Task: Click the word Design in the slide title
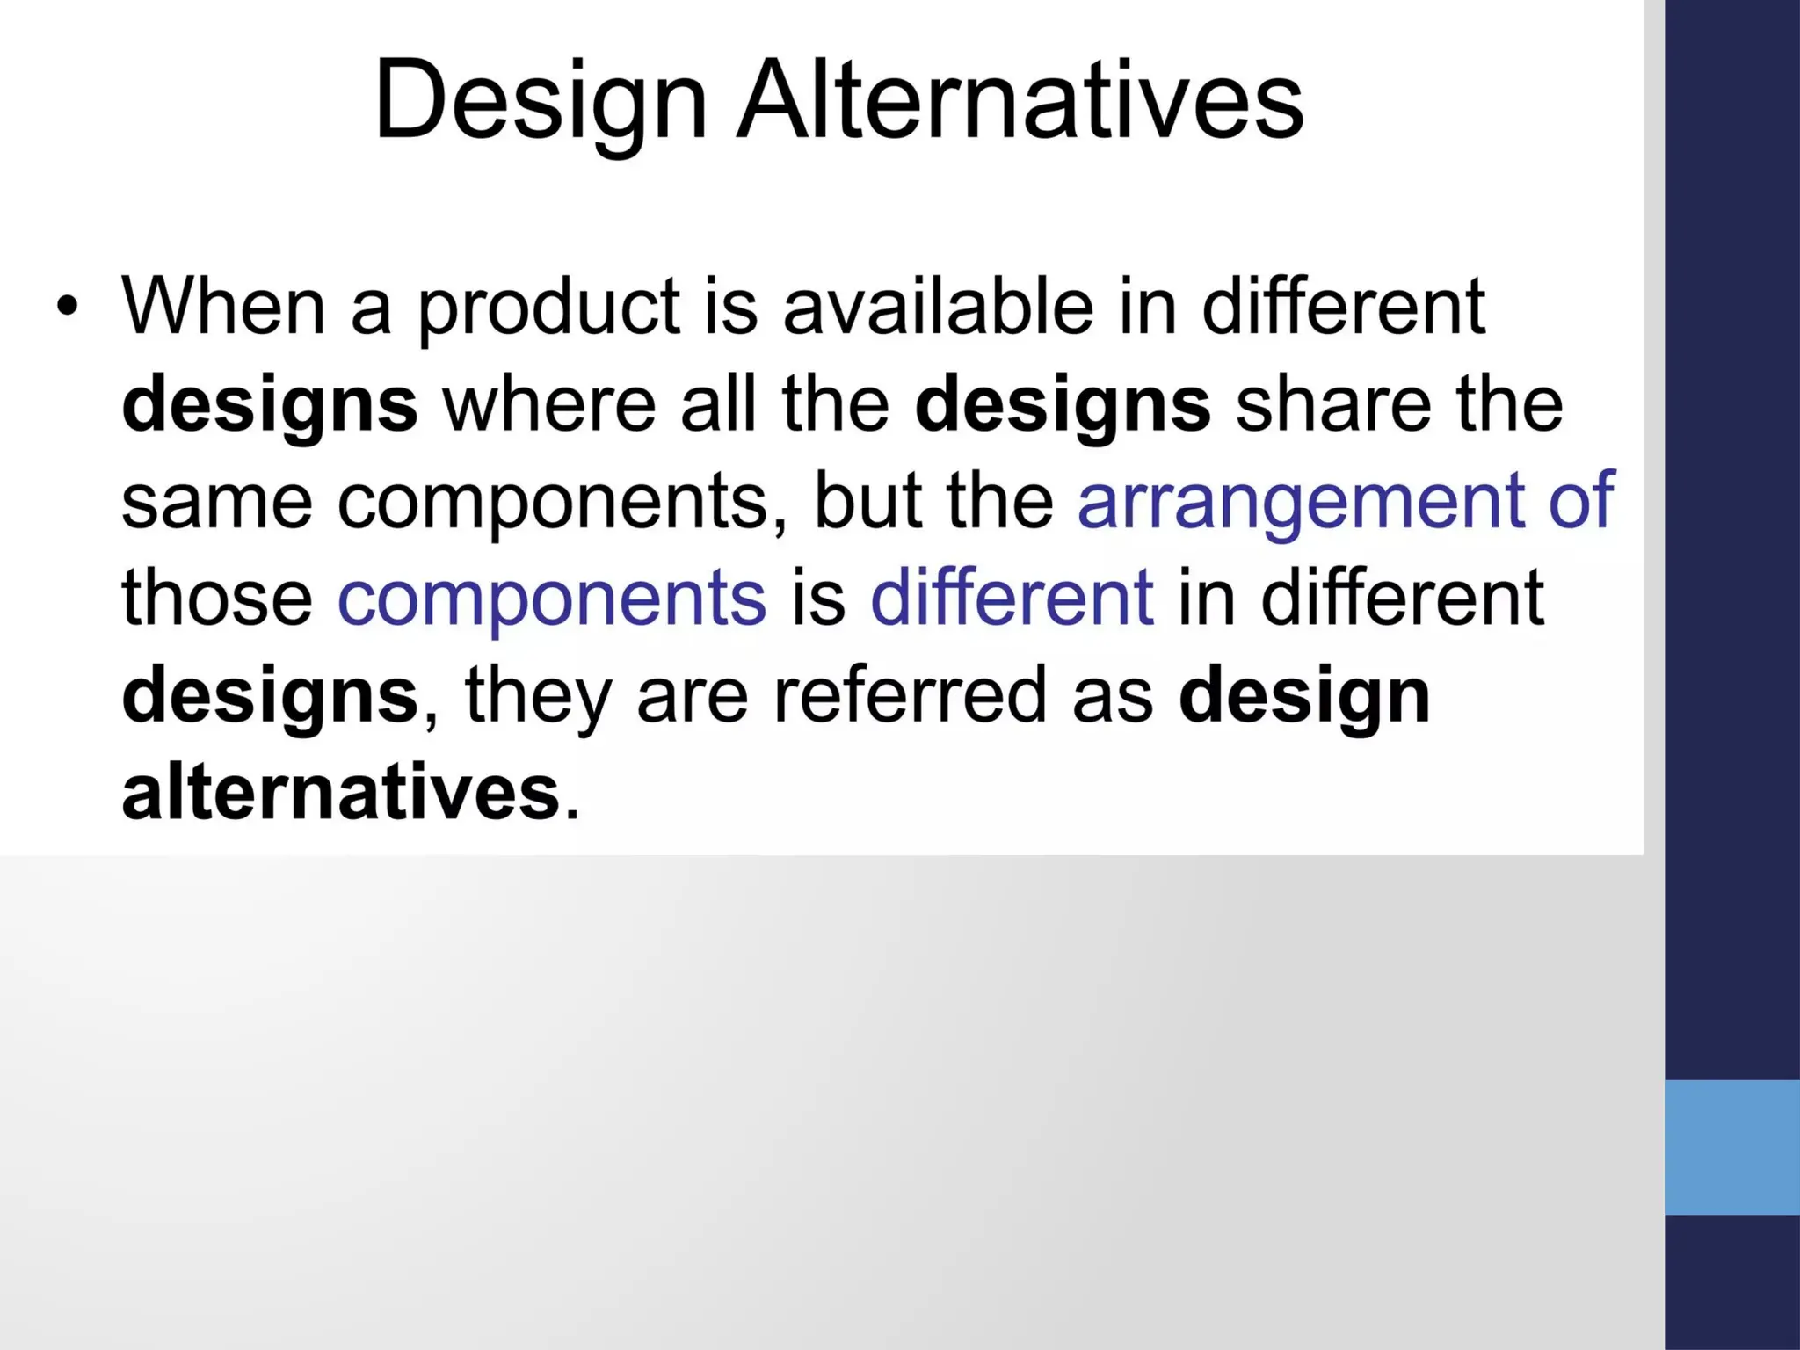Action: click(x=540, y=98)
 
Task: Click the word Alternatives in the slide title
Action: click(x=1020, y=98)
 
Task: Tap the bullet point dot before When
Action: click(x=67, y=307)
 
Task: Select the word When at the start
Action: click(x=223, y=307)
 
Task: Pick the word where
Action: click(x=549, y=404)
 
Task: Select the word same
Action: click(x=216, y=501)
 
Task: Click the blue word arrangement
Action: click(x=1301, y=503)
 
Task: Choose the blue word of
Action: click(x=1581, y=501)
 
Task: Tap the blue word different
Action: click(x=1012, y=598)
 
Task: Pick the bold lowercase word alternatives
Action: click(x=341, y=793)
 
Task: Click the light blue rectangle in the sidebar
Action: click(x=1731, y=1147)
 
